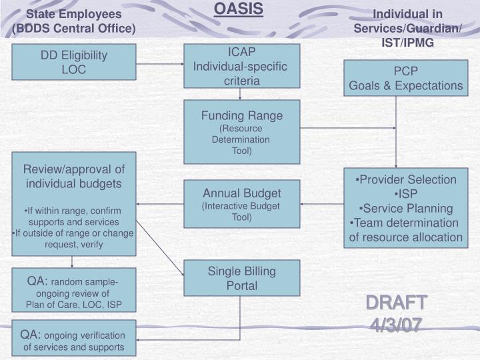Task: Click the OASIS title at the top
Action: click(x=239, y=9)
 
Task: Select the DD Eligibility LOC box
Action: click(x=74, y=62)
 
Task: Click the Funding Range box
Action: click(x=241, y=132)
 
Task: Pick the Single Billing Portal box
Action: click(x=241, y=278)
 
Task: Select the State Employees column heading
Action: click(x=74, y=21)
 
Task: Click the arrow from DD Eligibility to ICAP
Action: click(x=160, y=65)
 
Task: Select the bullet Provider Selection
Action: click(x=406, y=180)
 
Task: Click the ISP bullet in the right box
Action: click(x=406, y=194)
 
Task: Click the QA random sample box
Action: click(x=74, y=290)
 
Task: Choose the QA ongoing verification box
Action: click(x=74, y=340)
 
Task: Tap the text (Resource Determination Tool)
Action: click(x=241, y=139)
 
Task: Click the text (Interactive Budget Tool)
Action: click(x=241, y=211)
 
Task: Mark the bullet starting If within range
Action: click(x=74, y=216)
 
